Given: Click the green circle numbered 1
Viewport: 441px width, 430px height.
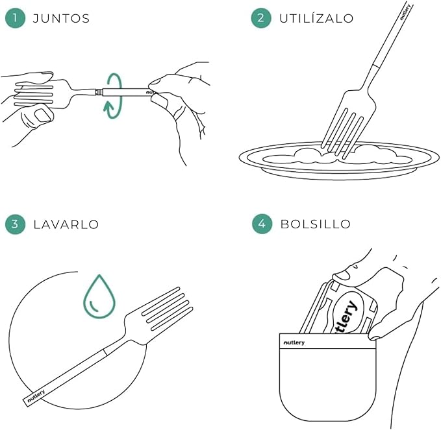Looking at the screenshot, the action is pyautogui.click(x=15, y=18).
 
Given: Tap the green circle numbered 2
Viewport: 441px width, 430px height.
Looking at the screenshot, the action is pyautogui.click(x=261, y=18).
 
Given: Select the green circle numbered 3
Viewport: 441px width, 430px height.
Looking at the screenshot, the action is pyautogui.click(x=15, y=224).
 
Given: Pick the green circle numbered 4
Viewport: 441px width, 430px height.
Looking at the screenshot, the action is pyautogui.click(x=262, y=224).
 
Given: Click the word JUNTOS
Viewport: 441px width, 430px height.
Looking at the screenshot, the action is pyautogui.click(x=61, y=19).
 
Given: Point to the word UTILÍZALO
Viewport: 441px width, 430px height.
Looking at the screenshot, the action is pyautogui.click(x=316, y=18).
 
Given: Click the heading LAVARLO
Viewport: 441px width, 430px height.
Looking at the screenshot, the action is pyautogui.click(x=66, y=224).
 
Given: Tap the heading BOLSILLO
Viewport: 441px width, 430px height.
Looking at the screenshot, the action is pyautogui.click(x=316, y=224).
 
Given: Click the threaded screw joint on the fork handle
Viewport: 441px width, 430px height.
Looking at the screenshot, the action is pyautogui.click(x=99, y=92).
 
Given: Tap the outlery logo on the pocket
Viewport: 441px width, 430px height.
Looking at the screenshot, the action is pyautogui.click(x=294, y=342).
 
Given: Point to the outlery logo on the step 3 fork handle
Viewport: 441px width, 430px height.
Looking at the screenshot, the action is pyautogui.click(x=36, y=396).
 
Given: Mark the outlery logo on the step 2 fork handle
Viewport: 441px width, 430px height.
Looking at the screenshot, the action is pyautogui.click(x=405, y=12).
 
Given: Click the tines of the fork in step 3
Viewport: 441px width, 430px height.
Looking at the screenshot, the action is pyautogui.click(x=168, y=308).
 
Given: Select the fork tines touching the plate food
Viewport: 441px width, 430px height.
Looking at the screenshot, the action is pyautogui.click(x=342, y=132).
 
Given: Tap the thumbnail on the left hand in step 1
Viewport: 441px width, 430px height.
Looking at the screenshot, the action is pyautogui.click(x=43, y=115).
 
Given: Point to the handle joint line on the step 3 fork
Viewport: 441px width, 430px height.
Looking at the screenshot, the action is pyautogui.click(x=105, y=352).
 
